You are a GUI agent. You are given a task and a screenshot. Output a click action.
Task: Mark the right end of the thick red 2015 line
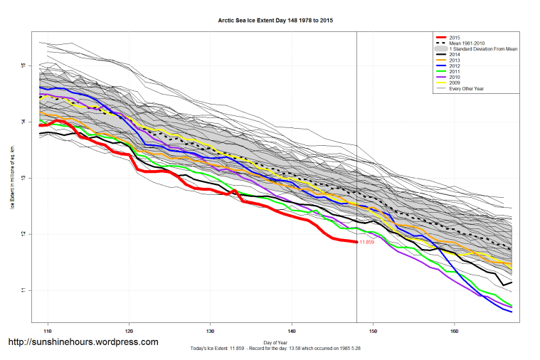(x=356, y=242)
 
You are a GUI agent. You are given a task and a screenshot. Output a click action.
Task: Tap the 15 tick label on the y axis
(x=23, y=65)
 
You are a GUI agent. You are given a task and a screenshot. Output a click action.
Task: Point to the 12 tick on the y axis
(x=23, y=234)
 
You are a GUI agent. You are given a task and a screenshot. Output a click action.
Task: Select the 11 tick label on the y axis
(x=23, y=290)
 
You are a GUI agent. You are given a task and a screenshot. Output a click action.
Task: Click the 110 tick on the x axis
(x=48, y=331)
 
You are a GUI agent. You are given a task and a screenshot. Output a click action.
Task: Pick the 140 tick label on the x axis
(x=292, y=331)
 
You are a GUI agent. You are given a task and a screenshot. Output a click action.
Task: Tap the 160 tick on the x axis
(x=454, y=331)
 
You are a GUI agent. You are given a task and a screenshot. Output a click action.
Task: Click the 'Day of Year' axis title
(x=275, y=342)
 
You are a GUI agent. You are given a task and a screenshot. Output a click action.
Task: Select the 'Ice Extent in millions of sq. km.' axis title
(x=12, y=177)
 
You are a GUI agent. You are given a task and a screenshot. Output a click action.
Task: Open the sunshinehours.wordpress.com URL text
(x=83, y=342)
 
